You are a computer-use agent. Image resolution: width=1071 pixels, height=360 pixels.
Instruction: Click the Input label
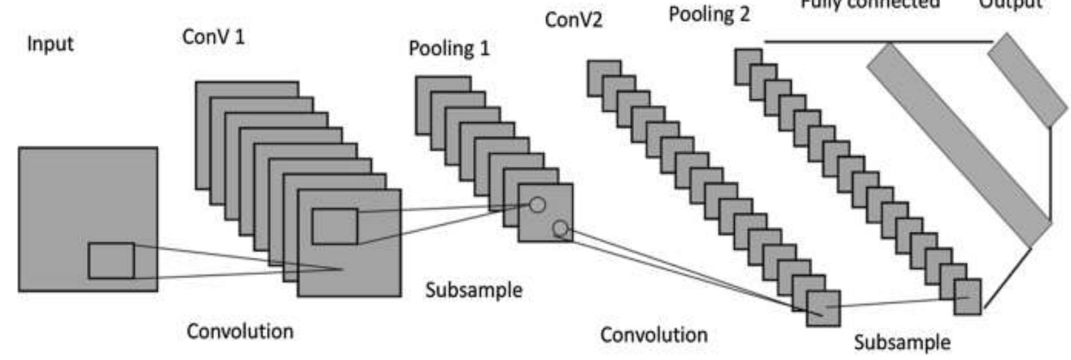point(50,45)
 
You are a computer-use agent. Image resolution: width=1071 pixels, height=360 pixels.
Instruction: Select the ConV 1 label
point(213,37)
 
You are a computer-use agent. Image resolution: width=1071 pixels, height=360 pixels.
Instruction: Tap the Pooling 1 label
point(449,48)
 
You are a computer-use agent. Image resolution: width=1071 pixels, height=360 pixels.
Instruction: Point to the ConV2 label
point(573,20)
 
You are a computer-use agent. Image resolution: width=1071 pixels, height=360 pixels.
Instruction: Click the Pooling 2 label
point(709,14)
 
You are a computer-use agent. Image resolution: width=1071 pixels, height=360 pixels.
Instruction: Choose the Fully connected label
point(870,4)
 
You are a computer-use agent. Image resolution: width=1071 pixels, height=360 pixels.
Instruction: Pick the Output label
point(1010,4)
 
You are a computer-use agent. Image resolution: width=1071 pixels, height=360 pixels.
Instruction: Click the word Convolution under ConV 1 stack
point(240,331)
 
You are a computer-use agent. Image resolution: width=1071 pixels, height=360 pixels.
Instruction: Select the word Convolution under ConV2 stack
point(654,335)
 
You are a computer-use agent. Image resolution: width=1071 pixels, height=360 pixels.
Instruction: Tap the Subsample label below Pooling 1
point(474,290)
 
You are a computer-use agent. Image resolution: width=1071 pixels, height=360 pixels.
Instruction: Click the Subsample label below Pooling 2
point(902,342)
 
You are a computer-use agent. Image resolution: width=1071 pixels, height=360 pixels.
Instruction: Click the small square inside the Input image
point(111,261)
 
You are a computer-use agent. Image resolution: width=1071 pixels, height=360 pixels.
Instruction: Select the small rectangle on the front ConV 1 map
point(334,226)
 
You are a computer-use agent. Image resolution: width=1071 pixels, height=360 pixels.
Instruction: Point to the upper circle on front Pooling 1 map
point(537,205)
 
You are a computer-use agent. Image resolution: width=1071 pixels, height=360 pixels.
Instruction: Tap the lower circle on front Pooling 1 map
point(560,228)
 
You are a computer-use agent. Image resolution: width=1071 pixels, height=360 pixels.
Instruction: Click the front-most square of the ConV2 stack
point(822,308)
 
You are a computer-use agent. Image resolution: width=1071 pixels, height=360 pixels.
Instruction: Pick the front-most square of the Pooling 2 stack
point(967,297)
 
